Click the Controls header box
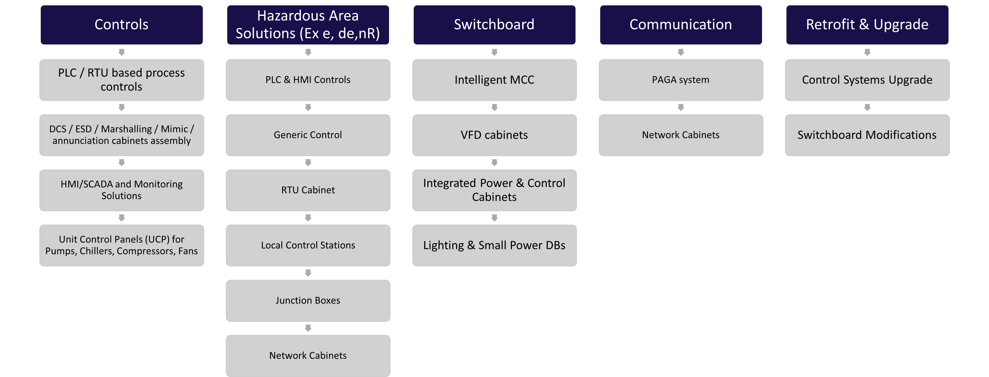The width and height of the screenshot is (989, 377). click(x=122, y=25)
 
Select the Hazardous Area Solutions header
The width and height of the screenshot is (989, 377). click(x=308, y=25)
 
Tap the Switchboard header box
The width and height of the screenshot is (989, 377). click(x=494, y=25)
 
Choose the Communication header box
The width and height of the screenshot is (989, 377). click(x=681, y=25)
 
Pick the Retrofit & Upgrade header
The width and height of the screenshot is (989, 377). click(x=867, y=25)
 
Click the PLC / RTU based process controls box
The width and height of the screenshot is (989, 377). click(x=122, y=80)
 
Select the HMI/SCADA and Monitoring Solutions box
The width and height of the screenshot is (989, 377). click(x=122, y=190)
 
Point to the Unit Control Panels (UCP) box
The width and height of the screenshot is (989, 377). click(x=122, y=245)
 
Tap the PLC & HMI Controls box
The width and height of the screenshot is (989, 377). click(x=308, y=80)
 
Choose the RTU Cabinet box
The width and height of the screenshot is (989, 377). click(x=308, y=190)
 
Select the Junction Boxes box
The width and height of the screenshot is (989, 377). click(x=308, y=301)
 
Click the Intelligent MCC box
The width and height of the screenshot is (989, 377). click(x=494, y=80)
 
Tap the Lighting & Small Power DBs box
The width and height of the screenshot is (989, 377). click(x=494, y=245)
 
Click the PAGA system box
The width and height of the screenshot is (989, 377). click(x=681, y=80)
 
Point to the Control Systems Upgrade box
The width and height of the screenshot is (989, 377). click(x=867, y=80)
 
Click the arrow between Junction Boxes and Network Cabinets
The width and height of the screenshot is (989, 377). click(x=308, y=328)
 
